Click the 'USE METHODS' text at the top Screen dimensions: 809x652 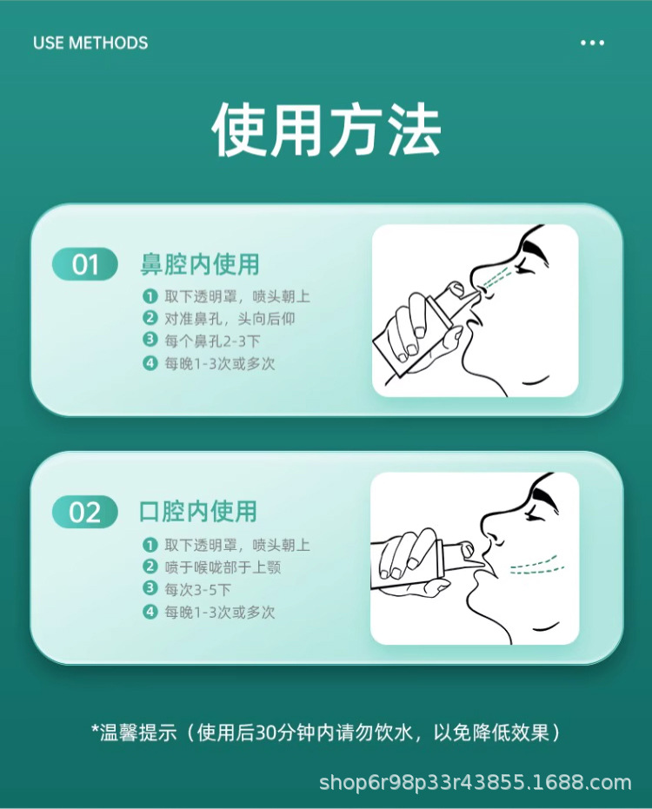click(x=90, y=43)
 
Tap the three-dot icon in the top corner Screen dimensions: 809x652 click(x=592, y=43)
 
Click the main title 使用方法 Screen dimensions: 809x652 click(x=326, y=131)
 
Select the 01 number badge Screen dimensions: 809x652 click(x=85, y=264)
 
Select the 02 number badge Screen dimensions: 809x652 click(x=85, y=513)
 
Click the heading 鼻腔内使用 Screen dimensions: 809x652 click(x=200, y=263)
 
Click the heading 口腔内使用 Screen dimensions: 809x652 click(x=199, y=511)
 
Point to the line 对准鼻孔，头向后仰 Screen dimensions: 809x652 click(x=230, y=319)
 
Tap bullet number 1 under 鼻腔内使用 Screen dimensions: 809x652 click(x=150, y=296)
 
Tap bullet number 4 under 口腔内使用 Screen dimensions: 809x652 click(x=150, y=613)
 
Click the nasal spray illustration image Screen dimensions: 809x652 click(x=476, y=310)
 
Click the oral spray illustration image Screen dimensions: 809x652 click(x=475, y=558)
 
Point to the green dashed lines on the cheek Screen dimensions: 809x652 click(x=532, y=565)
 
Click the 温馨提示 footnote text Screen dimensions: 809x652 click(x=325, y=733)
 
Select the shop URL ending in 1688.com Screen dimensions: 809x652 click(x=475, y=783)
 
